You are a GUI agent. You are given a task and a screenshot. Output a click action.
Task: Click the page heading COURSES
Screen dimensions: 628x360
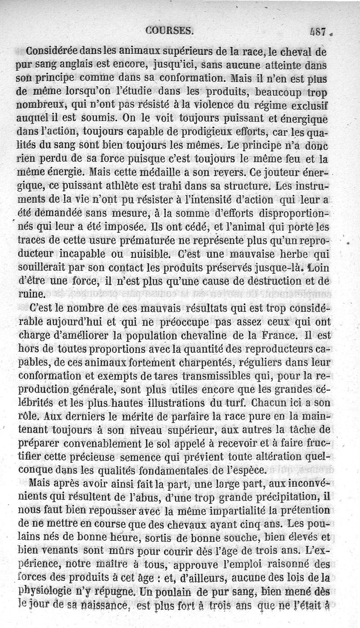click(170, 31)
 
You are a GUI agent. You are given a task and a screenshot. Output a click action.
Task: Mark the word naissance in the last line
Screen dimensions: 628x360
click(104, 605)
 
